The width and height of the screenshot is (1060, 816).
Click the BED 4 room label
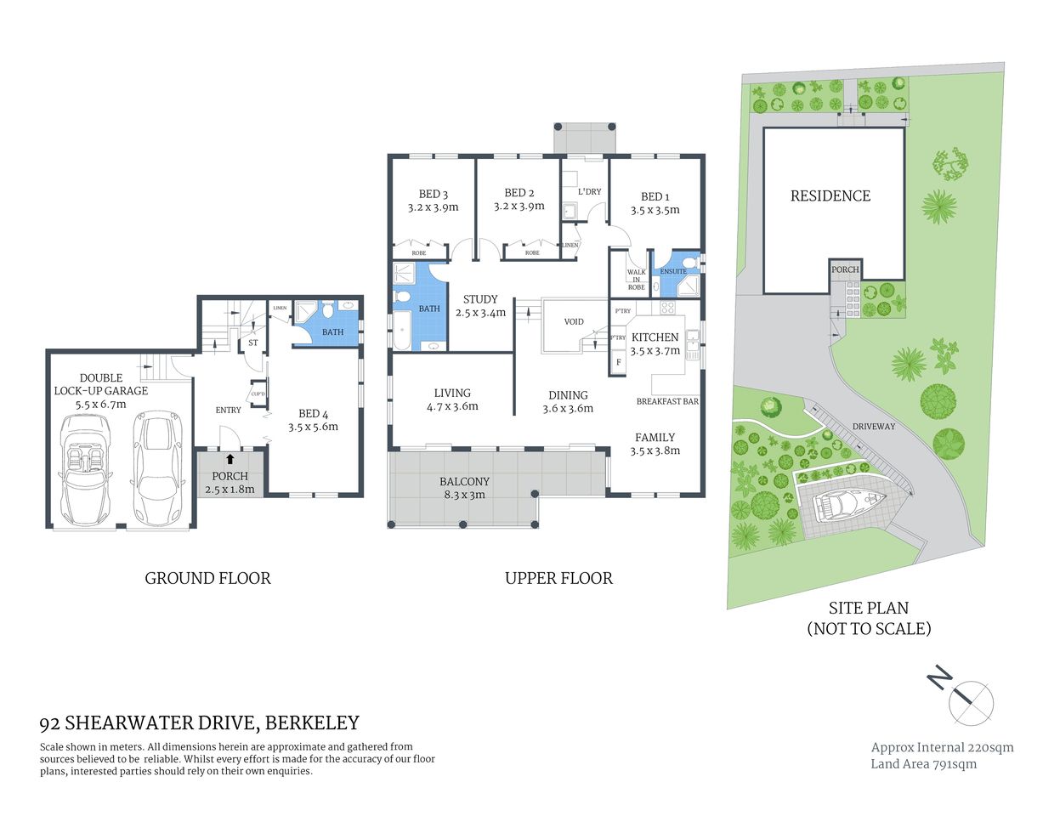point(313,415)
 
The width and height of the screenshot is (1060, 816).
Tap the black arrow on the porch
point(230,459)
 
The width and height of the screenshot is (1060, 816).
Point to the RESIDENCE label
point(830,196)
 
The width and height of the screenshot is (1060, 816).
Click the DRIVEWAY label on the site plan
point(873,427)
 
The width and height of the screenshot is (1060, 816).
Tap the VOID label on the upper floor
point(574,322)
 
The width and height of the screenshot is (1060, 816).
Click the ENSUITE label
point(673,272)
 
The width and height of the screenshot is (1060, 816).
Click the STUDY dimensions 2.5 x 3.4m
point(480,313)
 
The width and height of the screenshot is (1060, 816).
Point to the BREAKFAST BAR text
point(667,401)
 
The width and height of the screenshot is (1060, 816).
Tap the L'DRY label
point(589,192)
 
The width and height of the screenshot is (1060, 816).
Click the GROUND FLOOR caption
point(207,579)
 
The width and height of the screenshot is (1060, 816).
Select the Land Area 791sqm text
point(923,764)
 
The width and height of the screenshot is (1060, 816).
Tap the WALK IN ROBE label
point(636,280)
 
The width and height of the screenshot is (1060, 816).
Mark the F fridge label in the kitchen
point(618,362)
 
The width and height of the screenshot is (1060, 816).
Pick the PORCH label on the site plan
point(845,269)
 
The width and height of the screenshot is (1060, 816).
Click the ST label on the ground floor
point(252,343)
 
